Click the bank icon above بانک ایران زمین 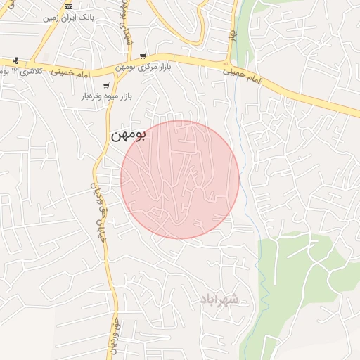67,6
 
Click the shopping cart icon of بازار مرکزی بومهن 143,56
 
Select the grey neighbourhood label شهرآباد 219,300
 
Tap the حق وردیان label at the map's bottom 111,336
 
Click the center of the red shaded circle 180,179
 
